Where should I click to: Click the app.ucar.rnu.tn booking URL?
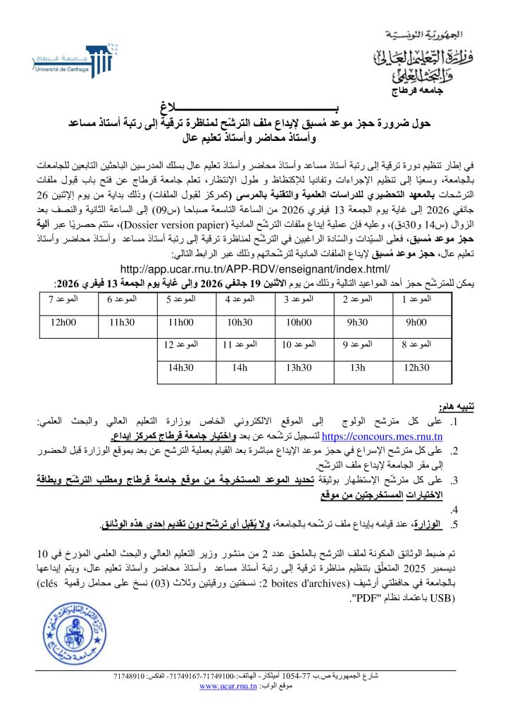[x=254, y=269]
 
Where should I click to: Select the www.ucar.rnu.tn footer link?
[x=225, y=686]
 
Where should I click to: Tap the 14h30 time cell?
[x=180, y=368]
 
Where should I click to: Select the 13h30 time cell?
[x=298, y=368]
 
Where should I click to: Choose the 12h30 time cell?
[x=416, y=368]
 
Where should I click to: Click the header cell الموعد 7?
[x=62, y=301]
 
